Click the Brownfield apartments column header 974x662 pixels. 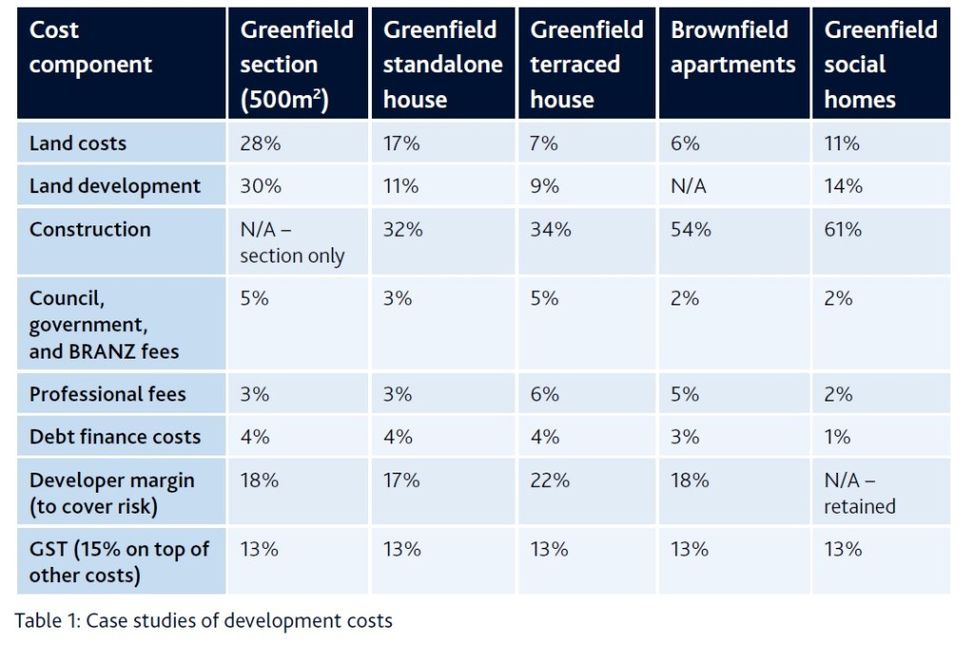coord(732,48)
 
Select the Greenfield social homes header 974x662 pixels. coord(880,65)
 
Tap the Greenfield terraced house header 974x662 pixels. coord(587,65)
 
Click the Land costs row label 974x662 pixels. coord(78,144)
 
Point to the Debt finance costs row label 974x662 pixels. coord(115,437)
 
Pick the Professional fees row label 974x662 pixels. coord(107,394)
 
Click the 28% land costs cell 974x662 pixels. coord(261,144)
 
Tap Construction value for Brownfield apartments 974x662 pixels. coord(690,229)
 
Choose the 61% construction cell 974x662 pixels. coord(843,229)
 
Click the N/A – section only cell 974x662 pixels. coord(292,243)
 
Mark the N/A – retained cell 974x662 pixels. coord(860,493)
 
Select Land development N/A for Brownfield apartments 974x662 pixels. coord(688,186)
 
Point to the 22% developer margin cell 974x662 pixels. coord(550,480)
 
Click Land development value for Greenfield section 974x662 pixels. coord(261,186)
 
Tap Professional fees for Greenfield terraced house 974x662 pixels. coord(544,394)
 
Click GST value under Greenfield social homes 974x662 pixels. coord(843,549)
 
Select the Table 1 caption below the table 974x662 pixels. coord(204,621)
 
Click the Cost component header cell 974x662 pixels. coord(90,48)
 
